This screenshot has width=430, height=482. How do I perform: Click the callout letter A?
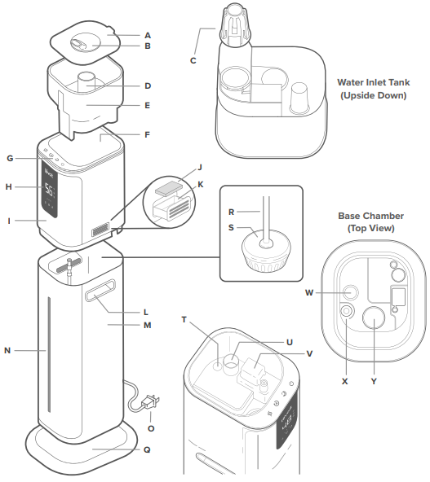tap(148, 35)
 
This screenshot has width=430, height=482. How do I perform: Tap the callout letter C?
tap(193, 60)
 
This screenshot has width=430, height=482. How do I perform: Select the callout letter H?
tap(9, 186)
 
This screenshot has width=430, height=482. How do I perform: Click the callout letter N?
tap(9, 351)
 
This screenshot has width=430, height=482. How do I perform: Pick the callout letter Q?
tap(148, 448)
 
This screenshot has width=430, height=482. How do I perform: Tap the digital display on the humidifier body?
tap(50, 191)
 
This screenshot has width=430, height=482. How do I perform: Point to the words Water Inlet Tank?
tap(374, 82)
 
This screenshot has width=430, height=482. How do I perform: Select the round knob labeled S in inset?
tap(263, 249)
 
